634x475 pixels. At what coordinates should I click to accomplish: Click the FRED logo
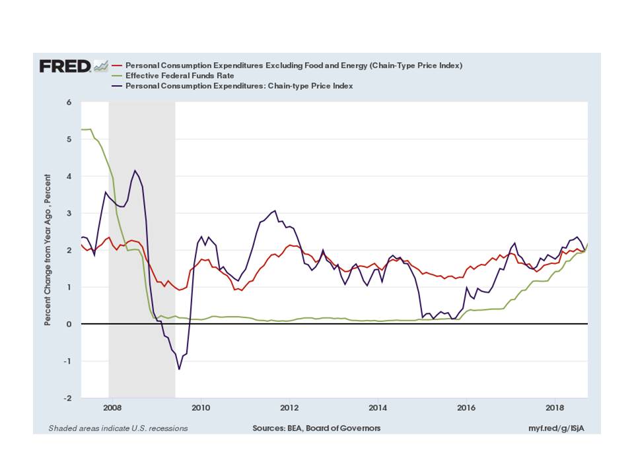click(x=65, y=66)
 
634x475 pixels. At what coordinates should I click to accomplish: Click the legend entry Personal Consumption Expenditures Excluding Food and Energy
click(x=293, y=66)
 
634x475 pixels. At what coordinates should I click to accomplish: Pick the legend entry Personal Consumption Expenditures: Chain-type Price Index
click(x=239, y=86)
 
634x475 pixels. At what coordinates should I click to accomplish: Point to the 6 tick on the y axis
click(x=68, y=102)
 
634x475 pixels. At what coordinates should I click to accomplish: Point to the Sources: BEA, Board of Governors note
click(x=316, y=428)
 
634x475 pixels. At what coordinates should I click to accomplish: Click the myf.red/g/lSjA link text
click(x=555, y=428)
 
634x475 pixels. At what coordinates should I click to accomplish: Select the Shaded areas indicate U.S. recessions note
click(x=118, y=428)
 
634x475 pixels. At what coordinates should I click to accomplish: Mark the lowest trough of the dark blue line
click(x=179, y=369)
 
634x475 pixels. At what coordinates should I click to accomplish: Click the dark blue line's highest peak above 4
click(x=135, y=171)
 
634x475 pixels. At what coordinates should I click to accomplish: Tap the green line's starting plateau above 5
click(x=86, y=129)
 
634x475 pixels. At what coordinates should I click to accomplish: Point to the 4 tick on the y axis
click(x=68, y=176)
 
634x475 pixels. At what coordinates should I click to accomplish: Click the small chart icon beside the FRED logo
click(x=101, y=65)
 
